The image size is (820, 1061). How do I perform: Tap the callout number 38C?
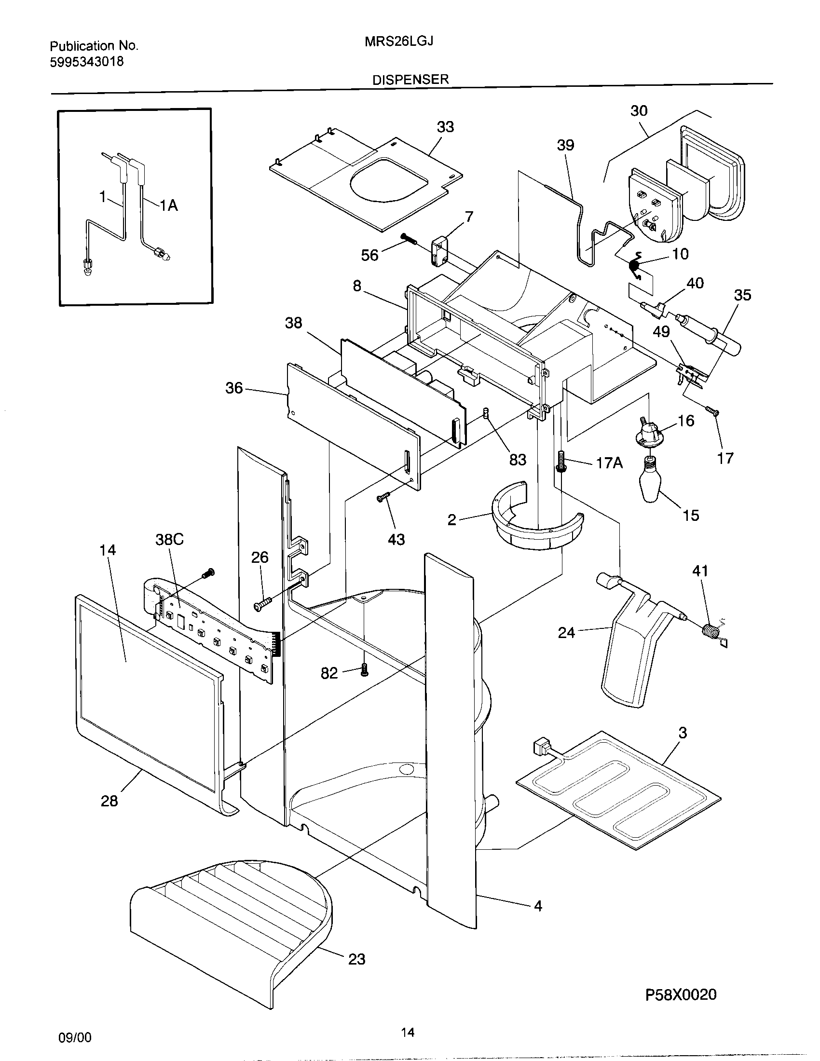169,539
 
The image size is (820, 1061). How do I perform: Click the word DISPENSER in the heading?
410,80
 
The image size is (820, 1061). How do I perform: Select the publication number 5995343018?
86,62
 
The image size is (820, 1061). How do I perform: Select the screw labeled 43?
383,497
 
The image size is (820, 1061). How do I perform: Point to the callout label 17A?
609,463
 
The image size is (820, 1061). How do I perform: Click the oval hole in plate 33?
389,186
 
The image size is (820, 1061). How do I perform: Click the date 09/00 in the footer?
74,1038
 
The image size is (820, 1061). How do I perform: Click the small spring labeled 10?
634,265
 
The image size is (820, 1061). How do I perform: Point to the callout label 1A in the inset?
168,206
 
